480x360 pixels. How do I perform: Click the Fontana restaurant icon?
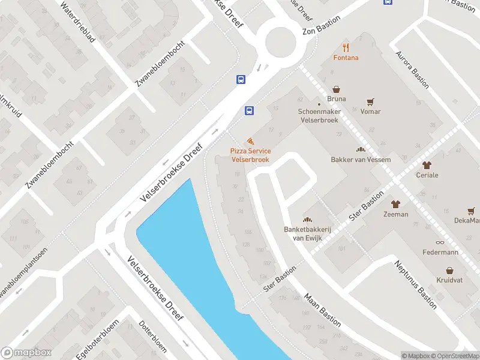[x=346, y=47]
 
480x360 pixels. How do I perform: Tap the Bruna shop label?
[x=337, y=99]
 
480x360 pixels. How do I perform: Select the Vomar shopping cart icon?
[x=371, y=101]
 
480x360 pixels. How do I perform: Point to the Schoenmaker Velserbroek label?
[x=319, y=116]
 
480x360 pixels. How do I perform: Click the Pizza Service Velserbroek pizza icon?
[x=250, y=140]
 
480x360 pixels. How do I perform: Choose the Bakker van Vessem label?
[x=361, y=160]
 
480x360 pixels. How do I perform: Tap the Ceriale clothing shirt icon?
[x=427, y=165]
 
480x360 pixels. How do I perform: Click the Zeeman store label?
[x=395, y=214]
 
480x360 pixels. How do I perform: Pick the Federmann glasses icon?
[x=440, y=242]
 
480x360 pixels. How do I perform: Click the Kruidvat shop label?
[x=448, y=281]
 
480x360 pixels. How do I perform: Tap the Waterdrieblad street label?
[x=77, y=22]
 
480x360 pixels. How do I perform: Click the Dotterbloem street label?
[x=153, y=337]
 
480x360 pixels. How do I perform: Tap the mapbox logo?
[x=26, y=353]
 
